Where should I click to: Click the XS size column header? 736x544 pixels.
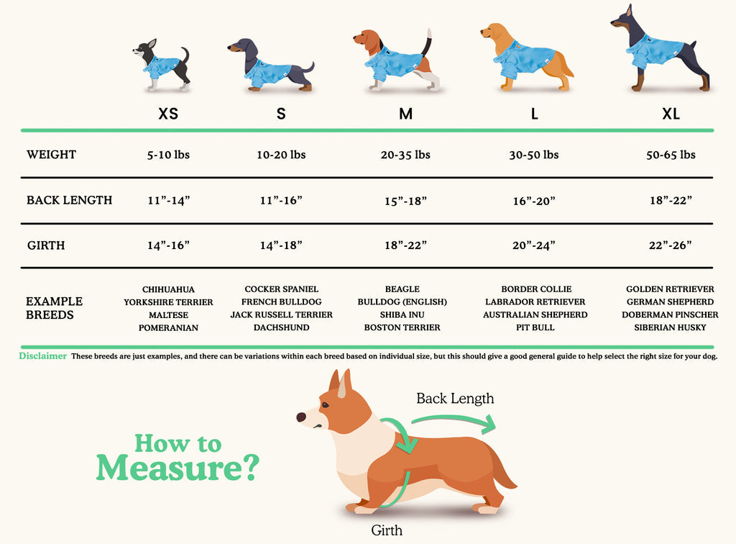[168, 114]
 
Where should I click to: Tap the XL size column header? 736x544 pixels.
[671, 114]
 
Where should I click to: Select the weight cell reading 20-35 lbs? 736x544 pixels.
[405, 155]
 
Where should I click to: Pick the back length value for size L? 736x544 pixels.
[534, 201]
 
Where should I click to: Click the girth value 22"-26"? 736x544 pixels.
[671, 245]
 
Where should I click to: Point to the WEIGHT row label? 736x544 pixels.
[51, 155]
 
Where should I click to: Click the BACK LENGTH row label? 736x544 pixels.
[70, 200]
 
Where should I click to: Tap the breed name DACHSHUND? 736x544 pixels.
[282, 327]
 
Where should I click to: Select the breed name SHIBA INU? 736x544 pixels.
[402, 314]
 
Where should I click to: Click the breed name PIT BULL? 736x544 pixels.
[535, 327]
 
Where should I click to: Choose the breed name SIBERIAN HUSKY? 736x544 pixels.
[670, 327]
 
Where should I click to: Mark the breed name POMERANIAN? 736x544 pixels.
[168, 328]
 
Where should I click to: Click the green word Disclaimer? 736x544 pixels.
[42, 355]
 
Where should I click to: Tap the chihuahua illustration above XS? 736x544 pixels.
[162, 65]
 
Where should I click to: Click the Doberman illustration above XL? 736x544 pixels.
[662, 48]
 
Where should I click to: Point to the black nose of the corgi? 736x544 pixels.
[301, 417]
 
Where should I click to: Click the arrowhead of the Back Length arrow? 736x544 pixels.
[490, 425]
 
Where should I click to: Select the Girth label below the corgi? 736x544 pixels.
[386, 530]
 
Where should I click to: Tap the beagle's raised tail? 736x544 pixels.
[427, 43]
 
